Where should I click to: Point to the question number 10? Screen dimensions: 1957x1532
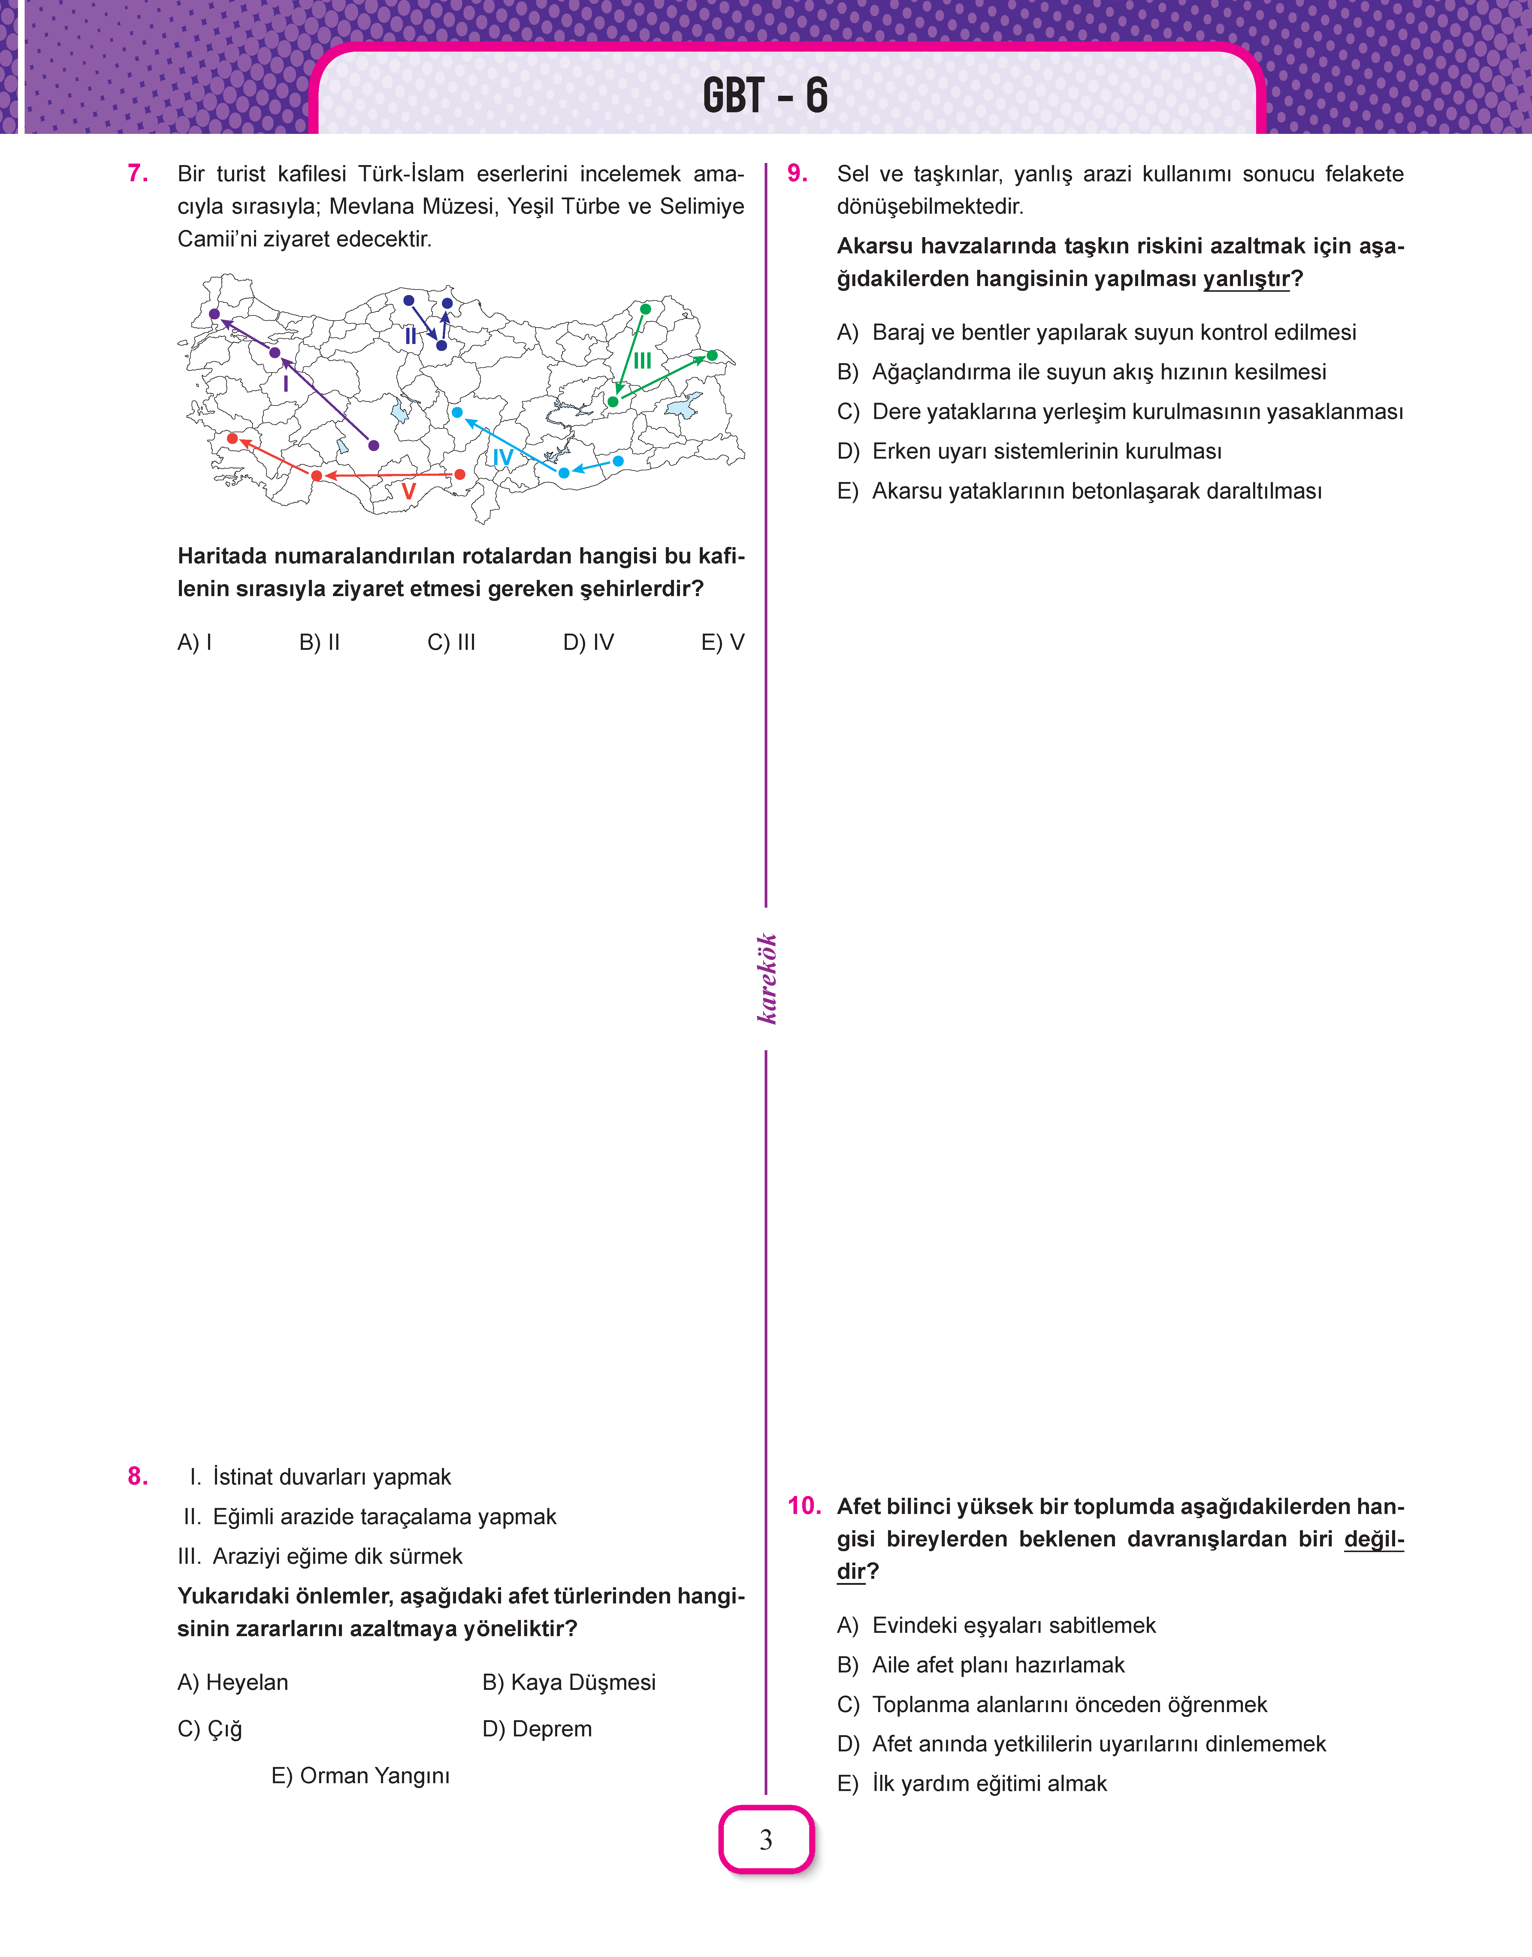coord(804,1506)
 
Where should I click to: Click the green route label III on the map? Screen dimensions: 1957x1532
coord(642,360)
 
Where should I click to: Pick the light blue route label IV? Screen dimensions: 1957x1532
coord(503,457)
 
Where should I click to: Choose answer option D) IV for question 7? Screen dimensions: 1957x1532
coord(588,642)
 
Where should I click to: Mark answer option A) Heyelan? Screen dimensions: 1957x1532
coord(233,1683)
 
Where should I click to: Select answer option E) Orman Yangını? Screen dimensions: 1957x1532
coord(361,1776)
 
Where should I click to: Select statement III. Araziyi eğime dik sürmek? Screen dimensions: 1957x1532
coord(320,1556)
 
